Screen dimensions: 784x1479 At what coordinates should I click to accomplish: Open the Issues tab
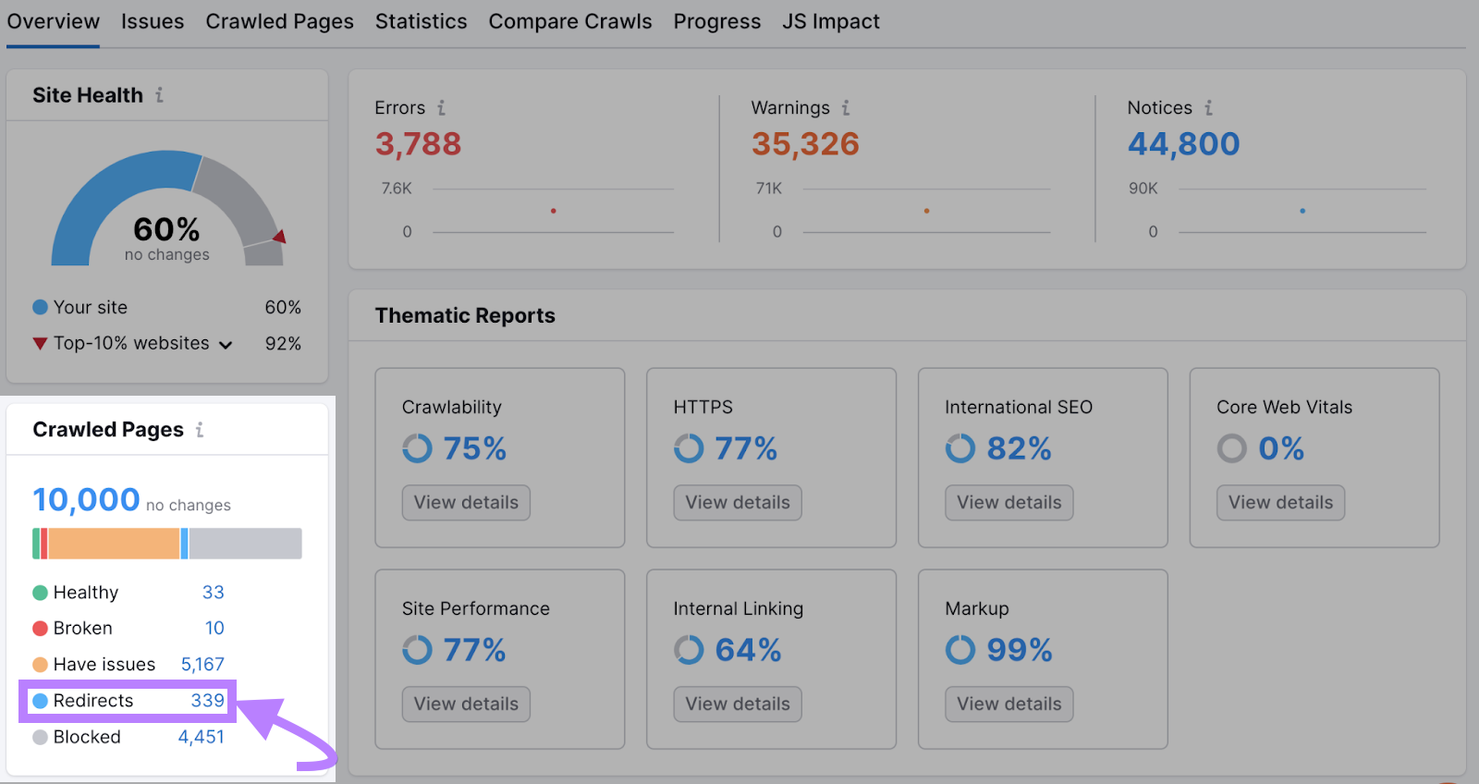tap(153, 21)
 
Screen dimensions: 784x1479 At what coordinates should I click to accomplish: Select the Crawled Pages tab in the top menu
tap(279, 21)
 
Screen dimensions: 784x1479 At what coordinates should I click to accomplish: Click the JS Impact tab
tap(830, 21)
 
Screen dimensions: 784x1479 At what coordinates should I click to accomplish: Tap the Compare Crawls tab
tap(569, 21)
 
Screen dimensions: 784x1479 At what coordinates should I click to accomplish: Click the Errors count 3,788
tap(418, 144)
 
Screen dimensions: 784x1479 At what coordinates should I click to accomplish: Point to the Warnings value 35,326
tap(805, 144)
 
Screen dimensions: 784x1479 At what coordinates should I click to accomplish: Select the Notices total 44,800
tap(1183, 144)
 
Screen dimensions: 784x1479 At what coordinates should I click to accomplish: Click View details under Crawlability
tap(466, 503)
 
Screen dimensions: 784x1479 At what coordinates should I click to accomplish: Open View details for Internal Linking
tap(738, 704)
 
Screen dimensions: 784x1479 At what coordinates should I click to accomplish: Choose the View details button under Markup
tap(1008, 704)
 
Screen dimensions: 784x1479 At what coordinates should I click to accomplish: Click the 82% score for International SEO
tap(1019, 449)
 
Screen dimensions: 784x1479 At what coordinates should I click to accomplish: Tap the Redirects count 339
tap(207, 701)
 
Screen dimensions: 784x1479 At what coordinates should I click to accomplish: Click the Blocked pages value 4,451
tap(201, 737)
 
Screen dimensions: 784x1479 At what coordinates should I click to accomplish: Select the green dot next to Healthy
tap(40, 593)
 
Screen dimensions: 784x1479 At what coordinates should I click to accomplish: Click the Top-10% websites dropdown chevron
tap(226, 345)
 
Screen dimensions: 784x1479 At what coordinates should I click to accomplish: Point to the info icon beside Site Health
tap(159, 95)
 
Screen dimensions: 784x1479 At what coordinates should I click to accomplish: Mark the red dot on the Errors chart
tap(553, 211)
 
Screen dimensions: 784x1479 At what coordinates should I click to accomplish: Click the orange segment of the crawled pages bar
tap(114, 544)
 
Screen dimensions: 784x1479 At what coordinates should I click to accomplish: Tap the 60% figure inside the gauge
tap(166, 229)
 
